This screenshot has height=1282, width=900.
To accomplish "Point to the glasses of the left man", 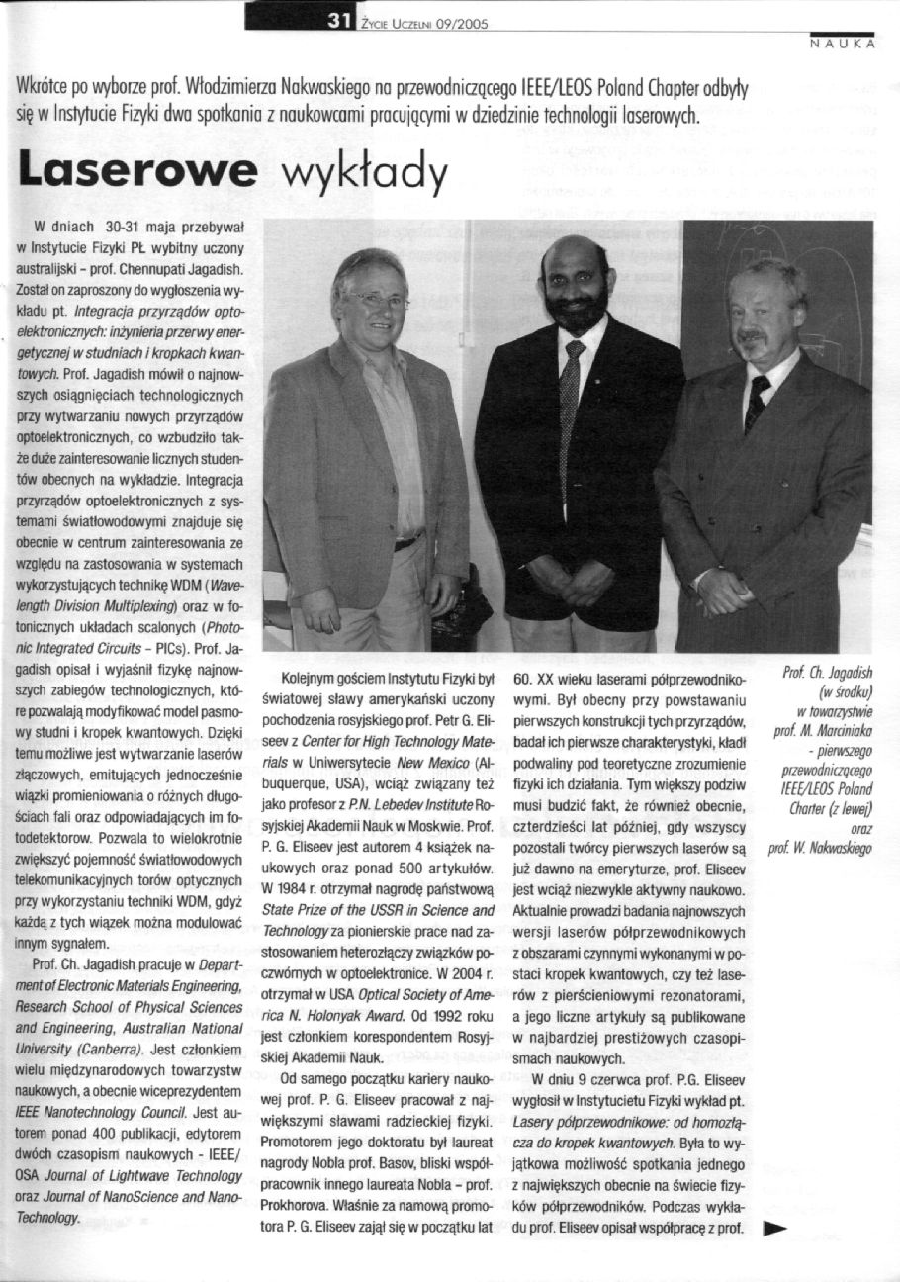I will [377, 300].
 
